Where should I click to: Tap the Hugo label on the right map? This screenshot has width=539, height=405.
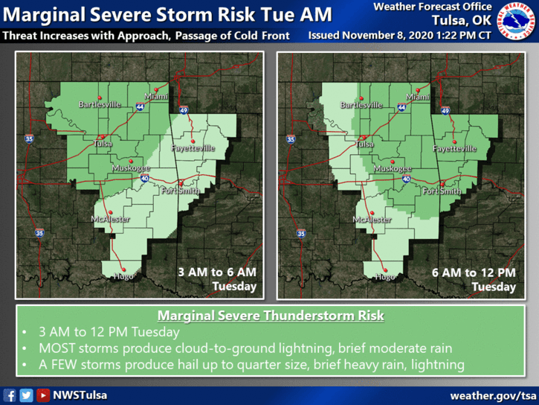click(x=385, y=277)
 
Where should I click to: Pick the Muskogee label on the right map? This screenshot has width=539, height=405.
click(x=395, y=169)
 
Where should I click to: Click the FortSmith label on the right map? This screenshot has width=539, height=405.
click(x=442, y=191)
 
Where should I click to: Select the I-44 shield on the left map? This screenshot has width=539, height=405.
click(x=141, y=108)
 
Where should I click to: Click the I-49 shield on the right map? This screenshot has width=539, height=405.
click(x=445, y=110)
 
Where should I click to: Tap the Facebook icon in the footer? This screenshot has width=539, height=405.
click(x=10, y=395)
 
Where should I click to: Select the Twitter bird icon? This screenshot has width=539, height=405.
click(x=26, y=395)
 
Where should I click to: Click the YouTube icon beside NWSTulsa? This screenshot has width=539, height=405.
click(x=43, y=395)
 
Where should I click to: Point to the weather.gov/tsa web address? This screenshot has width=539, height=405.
click(x=493, y=395)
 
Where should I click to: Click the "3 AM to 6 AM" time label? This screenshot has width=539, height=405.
click(x=217, y=272)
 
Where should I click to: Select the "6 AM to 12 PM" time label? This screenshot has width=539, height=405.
click(x=474, y=272)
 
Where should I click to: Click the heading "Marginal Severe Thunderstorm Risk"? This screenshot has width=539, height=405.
click(x=271, y=316)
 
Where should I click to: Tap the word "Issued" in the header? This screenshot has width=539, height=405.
click(x=325, y=35)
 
